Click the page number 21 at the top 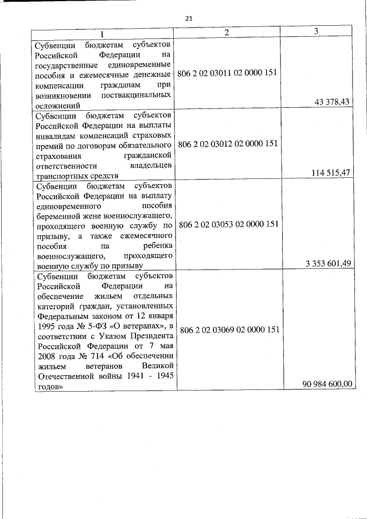pos(189,18)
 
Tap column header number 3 pos(316,31)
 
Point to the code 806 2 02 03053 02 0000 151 pos(228,224)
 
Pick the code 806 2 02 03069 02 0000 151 pos(228,330)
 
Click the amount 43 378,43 pos(333,102)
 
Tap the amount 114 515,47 pos(330,173)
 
